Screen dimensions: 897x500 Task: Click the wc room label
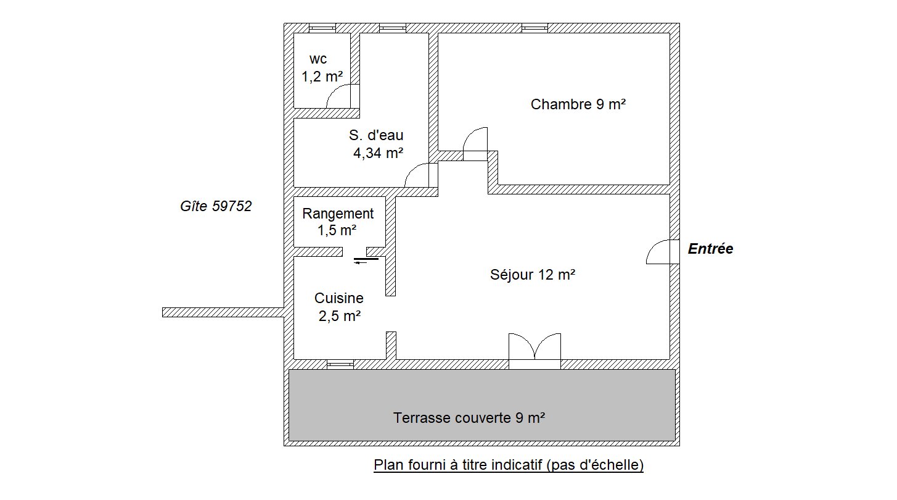tap(318, 59)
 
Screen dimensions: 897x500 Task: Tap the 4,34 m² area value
tap(378, 152)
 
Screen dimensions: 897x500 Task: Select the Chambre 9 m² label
tap(578, 104)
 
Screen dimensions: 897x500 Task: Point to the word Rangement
tap(338, 214)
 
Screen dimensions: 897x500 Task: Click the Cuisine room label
tap(339, 298)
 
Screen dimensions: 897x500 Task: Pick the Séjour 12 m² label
tap(533, 275)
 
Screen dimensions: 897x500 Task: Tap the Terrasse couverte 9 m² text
tap(469, 418)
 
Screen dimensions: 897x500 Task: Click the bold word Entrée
tap(710, 249)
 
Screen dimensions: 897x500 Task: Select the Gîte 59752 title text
tap(216, 206)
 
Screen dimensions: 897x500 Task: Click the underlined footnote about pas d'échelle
tap(509, 465)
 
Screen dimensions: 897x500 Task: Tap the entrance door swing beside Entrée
tap(663, 252)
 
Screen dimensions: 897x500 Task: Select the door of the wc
tap(343, 96)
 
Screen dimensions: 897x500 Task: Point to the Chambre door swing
tap(475, 144)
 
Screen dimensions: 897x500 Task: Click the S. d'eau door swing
tap(421, 175)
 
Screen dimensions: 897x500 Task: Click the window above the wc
tap(322, 28)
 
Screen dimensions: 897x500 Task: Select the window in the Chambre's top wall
tap(535, 28)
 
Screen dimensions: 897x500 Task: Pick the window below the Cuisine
tap(340, 364)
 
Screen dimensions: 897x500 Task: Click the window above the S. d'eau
tap(393, 28)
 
